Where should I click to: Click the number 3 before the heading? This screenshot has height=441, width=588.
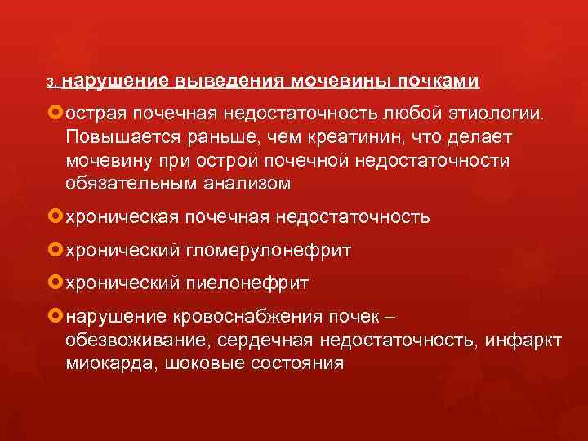pos(49,83)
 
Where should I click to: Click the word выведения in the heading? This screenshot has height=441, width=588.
pos(226,82)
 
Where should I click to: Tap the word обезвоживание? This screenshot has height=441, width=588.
pos(127,339)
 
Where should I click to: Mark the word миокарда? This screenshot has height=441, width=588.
pos(104,363)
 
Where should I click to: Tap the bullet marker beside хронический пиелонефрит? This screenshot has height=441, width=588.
pos(56,283)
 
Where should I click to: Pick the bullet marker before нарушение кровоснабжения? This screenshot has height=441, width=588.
pos(56,316)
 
